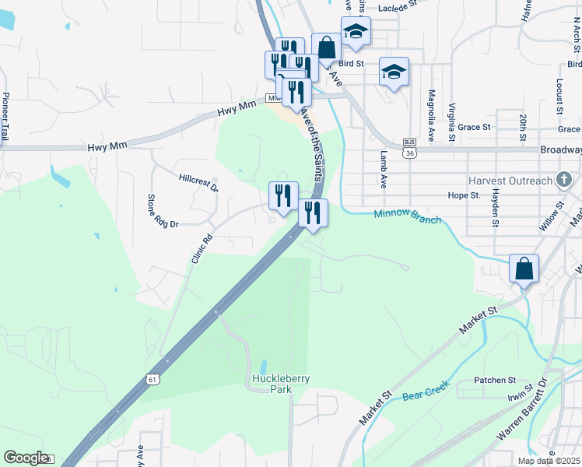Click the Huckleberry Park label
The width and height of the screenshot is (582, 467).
click(x=281, y=384)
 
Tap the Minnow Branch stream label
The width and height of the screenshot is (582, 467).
click(x=407, y=216)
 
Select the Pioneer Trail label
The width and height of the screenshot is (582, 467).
click(x=5, y=116)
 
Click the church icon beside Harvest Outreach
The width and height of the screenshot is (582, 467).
click(x=566, y=181)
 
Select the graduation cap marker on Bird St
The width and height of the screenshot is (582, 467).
click(x=394, y=72)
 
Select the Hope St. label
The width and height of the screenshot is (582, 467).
click(x=464, y=195)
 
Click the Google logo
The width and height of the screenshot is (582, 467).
click(x=26, y=458)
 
